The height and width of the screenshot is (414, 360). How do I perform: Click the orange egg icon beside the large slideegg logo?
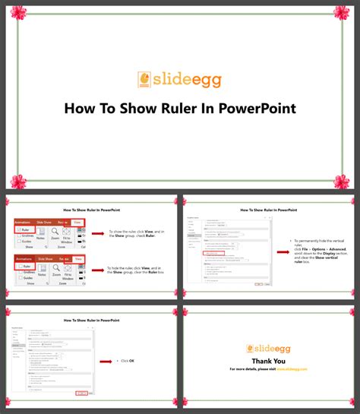[x=144, y=79]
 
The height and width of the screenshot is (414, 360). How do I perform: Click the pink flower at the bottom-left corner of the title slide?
[x=17, y=181]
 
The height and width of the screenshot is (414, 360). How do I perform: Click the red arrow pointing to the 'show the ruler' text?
[x=96, y=234]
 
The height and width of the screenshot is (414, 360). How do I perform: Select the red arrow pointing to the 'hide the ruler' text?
[x=96, y=270]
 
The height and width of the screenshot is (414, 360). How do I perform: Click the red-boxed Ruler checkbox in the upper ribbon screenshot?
[x=25, y=229]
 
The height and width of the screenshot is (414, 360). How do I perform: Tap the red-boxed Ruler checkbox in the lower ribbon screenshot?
[x=25, y=267]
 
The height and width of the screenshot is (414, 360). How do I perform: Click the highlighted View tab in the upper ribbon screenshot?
[x=78, y=222]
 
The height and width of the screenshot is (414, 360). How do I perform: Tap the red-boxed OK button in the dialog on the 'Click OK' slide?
[x=81, y=393]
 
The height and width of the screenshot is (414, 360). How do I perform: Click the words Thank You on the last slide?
[x=269, y=361]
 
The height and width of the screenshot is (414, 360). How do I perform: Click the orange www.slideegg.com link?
[x=292, y=369]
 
